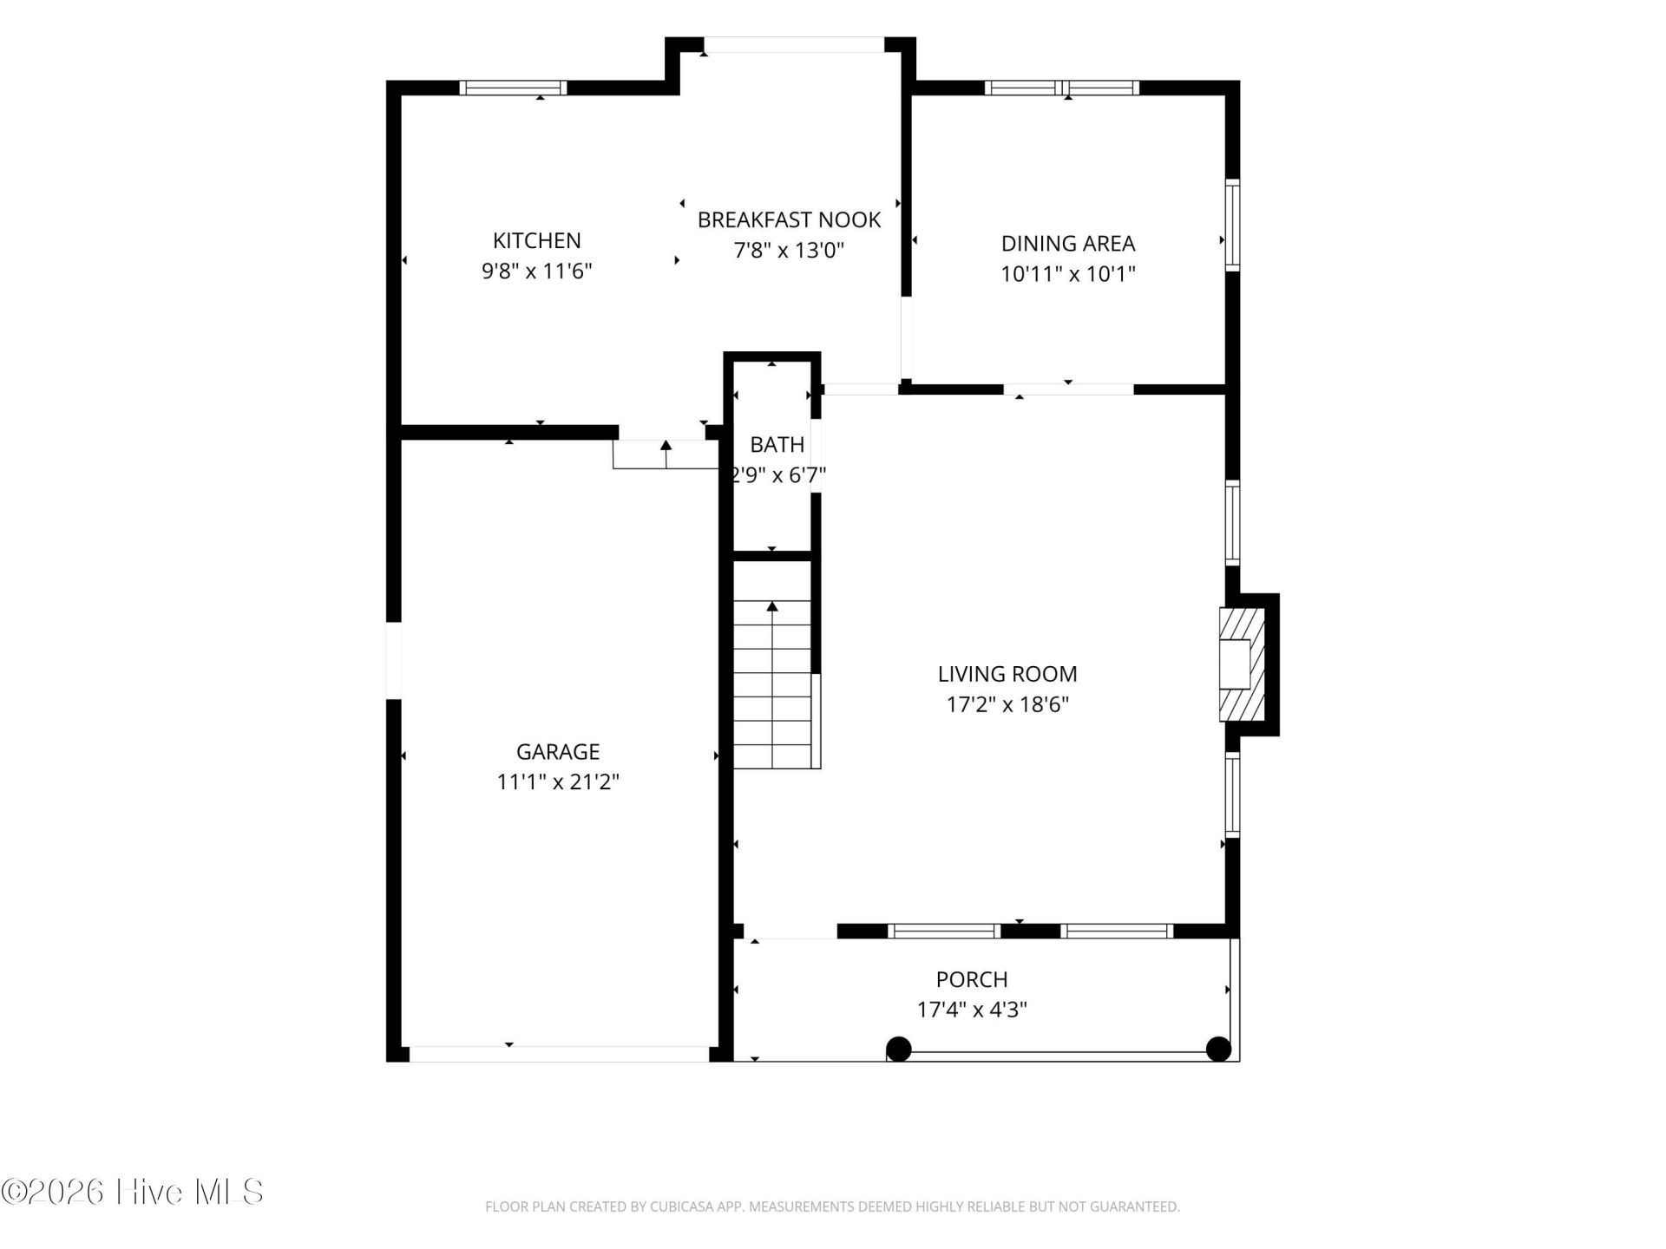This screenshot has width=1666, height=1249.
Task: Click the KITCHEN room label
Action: tap(537, 240)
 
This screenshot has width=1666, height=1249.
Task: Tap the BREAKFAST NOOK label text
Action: tap(789, 219)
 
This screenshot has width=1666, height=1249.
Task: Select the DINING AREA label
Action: tap(1068, 243)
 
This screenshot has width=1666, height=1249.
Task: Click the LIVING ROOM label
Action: tap(1007, 673)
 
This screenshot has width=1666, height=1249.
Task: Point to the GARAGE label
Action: tap(558, 751)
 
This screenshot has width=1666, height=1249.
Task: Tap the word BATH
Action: tap(777, 444)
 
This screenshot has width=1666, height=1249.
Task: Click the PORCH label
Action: tap(972, 979)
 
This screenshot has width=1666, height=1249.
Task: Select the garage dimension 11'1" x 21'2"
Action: tap(558, 781)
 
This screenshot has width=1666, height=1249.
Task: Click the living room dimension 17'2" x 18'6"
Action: tap(1007, 703)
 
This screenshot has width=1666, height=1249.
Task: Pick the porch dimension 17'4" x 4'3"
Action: tap(972, 1010)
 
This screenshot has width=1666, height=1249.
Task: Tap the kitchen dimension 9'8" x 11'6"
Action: tap(537, 271)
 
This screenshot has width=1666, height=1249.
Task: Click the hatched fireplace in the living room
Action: tap(1242, 664)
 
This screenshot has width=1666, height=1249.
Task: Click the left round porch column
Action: tap(899, 1049)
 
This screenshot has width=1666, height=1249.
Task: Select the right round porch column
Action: tap(1219, 1049)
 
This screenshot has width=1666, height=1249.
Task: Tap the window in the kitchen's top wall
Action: tap(513, 88)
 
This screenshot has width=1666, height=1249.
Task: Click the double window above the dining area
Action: tap(1062, 88)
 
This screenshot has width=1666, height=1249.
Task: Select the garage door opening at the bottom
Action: tap(560, 1054)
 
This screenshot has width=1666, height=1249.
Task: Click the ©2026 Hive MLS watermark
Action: tap(133, 1192)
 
